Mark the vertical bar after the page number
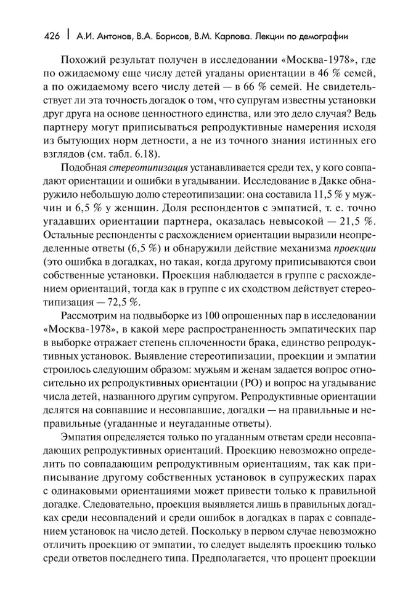pos(67,36)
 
